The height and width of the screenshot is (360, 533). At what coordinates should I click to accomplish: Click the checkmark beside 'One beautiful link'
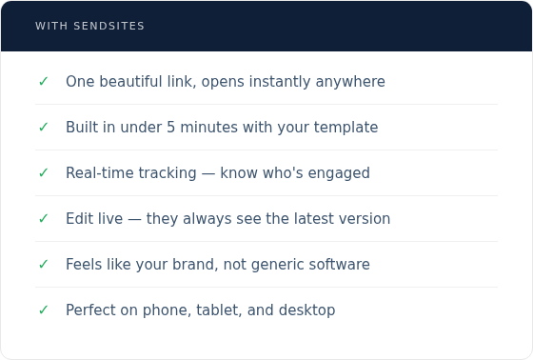pyautogui.click(x=43, y=82)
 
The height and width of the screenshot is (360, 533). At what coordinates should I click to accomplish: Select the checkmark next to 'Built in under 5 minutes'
pyautogui.click(x=43, y=128)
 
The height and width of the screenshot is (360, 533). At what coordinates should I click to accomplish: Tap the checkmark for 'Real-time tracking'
pyautogui.click(x=43, y=173)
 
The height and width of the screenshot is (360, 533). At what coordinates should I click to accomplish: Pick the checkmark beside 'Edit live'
pyautogui.click(x=43, y=219)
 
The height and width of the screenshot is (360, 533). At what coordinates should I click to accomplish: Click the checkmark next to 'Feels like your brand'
pyautogui.click(x=43, y=265)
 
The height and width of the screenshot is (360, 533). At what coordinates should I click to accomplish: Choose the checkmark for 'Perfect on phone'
pyautogui.click(x=43, y=310)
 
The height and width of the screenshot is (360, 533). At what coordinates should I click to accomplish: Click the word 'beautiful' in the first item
pyautogui.click(x=129, y=82)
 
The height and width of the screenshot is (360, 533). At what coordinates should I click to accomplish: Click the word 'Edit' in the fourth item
pyautogui.click(x=80, y=219)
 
